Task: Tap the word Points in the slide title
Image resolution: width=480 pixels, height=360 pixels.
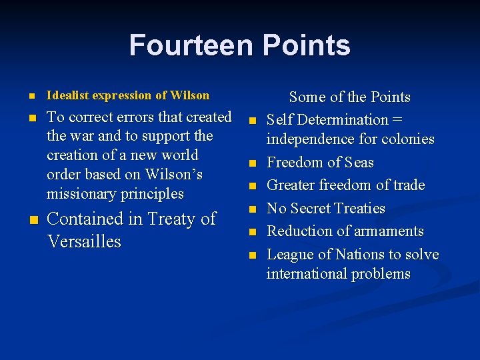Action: pos(306,45)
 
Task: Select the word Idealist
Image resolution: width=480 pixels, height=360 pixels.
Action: pos(69,95)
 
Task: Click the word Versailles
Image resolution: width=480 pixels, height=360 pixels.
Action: pos(84,241)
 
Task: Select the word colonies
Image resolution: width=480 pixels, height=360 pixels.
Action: pos(405,139)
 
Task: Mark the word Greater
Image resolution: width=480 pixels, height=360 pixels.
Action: pos(293,185)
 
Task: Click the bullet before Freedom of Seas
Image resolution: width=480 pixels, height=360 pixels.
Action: pos(253,163)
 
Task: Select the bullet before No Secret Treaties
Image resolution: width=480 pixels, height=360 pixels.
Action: pos(253,209)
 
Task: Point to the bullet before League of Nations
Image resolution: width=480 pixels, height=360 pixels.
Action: pos(253,255)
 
